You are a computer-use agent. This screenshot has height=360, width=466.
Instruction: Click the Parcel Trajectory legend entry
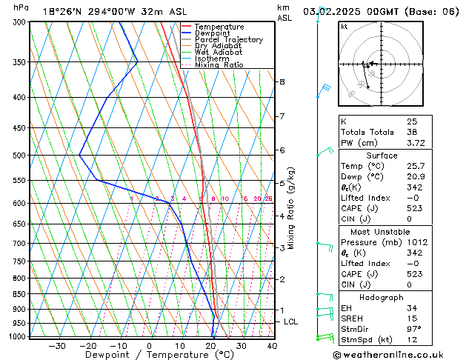click(228, 39)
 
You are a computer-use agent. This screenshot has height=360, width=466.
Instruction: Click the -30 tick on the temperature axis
click(56, 345)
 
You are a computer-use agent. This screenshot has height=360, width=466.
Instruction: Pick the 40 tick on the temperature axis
click(272, 345)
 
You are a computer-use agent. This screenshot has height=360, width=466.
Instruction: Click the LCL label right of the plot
click(291, 321)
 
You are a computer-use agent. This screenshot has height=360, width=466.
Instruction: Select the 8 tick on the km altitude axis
click(282, 81)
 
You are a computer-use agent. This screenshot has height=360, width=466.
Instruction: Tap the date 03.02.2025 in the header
click(333, 11)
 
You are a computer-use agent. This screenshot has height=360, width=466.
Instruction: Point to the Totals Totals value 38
click(412, 132)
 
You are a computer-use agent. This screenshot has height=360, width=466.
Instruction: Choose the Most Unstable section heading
click(396, 232)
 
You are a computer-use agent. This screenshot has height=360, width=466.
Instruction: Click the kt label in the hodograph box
click(344, 27)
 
